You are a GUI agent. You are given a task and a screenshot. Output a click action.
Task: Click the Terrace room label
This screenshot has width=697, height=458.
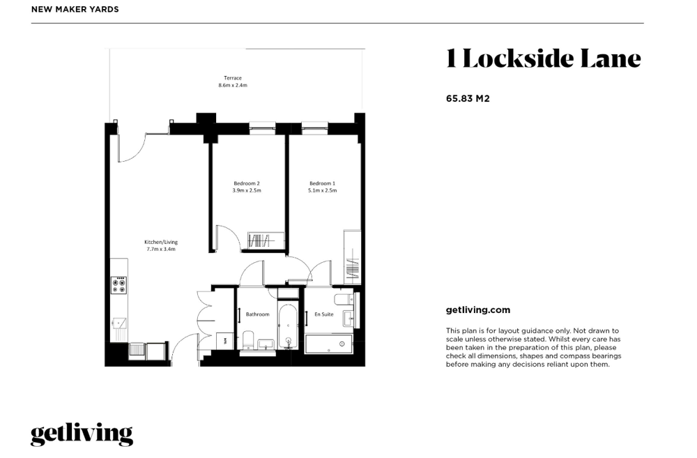tap(233, 82)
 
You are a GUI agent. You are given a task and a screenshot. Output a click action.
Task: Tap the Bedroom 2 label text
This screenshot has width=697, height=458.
tap(247, 187)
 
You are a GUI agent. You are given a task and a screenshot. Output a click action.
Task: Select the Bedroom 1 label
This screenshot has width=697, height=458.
tap(322, 187)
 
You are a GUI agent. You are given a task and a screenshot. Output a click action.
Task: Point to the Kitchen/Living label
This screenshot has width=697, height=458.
tap(161, 245)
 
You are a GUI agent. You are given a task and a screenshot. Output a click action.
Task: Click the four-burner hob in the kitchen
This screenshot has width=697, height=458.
tap(118, 285)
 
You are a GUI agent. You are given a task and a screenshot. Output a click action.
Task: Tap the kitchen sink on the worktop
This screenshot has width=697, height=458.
tap(119, 323)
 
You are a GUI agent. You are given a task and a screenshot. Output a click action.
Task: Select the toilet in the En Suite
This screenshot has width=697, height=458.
tap(344, 299)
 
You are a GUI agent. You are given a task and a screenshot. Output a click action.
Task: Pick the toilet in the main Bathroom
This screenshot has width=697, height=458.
tap(248, 340)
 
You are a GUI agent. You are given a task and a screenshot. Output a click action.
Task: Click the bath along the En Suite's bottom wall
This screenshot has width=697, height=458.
tap(329, 344)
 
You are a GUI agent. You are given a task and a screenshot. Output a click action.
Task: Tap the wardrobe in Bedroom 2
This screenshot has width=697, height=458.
tap(266, 241)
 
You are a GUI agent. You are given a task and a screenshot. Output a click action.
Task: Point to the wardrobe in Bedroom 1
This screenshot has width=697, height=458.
tap(352, 257)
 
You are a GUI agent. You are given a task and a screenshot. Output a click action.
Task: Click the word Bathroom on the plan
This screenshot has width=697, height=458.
tap(258, 314)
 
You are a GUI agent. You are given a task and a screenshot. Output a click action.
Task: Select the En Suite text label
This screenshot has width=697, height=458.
tap(324, 314)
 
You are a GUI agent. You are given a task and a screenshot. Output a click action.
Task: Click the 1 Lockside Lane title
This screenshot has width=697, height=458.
tap(543, 59)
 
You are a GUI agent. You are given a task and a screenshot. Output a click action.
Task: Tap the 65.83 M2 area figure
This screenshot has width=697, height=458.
tap(468, 99)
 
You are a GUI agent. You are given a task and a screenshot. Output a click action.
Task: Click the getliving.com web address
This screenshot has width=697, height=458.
tap(478, 310)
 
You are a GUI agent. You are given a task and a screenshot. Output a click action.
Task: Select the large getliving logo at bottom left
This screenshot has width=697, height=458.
tap(82, 434)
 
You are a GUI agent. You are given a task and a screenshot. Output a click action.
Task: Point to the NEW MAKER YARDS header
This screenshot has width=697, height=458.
tap(75, 9)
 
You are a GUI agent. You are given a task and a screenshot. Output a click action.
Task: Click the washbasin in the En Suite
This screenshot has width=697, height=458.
tap(348, 318)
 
